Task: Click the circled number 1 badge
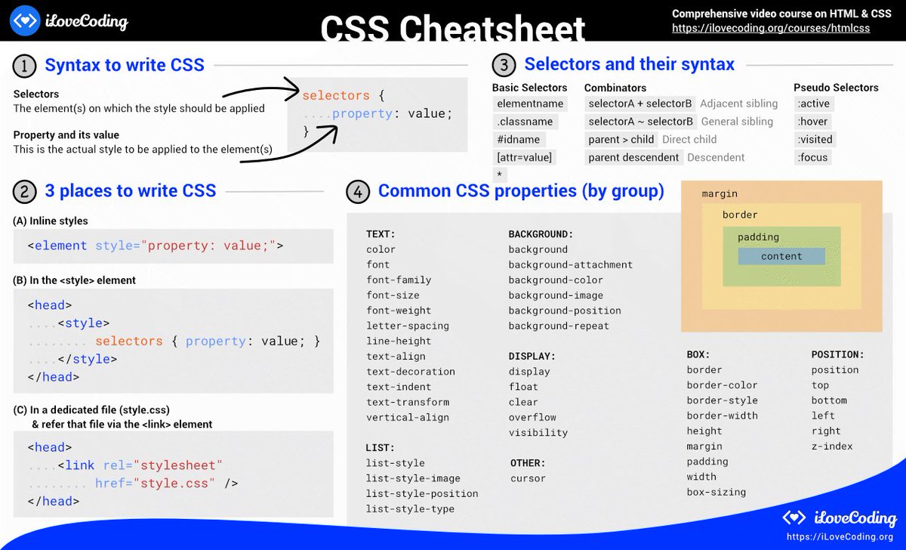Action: [x=25, y=66]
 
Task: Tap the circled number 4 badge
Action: [x=358, y=192]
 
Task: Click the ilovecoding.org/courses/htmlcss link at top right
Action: [x=771, y=28]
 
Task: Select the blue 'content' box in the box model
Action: [x=781, y=256]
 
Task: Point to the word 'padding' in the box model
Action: [x=758, y=236]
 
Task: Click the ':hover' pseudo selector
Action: [x=812, y=122]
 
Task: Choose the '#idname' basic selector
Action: [x=519, y=140]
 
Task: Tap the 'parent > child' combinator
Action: [x=621, y=140]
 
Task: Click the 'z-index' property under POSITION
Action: [x=832, y=446]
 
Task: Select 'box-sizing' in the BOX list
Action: [x=716, y=492]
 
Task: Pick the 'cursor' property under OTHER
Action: [x=527, y=478]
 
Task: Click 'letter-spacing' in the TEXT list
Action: [x=408, y=326]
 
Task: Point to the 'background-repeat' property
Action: [x=559, y=326]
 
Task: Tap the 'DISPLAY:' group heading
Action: [x=532, y=356]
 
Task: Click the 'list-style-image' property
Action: [x=413, y=478]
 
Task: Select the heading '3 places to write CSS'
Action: [x=130, y=190]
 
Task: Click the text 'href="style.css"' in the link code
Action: [x=155, y=484]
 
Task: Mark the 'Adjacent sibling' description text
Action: [x=738, y=104]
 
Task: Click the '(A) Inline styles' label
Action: [x=51, y=221]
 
